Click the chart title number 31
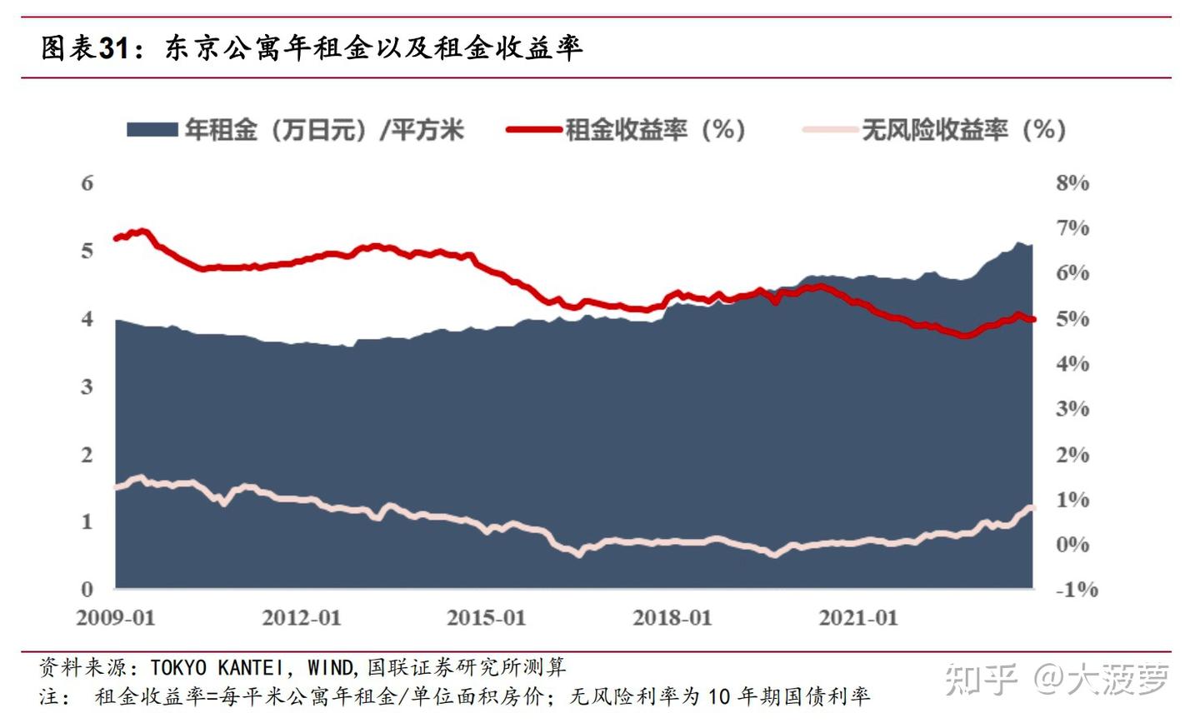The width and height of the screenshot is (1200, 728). coord(114,48)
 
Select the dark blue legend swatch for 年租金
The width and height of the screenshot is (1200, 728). coord(152,130)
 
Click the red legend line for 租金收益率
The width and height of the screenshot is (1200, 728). coord(533,130)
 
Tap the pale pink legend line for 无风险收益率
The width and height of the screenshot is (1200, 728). coord(829,130)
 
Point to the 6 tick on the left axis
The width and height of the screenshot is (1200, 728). coord(87,183)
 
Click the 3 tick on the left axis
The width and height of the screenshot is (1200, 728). coord(87,386)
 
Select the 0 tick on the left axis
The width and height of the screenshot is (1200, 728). coord(87,590)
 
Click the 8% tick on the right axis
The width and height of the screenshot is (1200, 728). coord(1072,183)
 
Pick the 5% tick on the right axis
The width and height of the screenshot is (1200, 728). coord(1072,319)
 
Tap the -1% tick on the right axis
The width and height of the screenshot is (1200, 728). coord(1077,590)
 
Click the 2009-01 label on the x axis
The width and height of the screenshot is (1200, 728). coord(116,618)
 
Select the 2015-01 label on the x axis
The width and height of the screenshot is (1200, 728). coord(487,618)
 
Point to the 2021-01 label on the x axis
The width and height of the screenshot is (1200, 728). coord(858,618)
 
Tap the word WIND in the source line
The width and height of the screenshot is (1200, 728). coord(331,668)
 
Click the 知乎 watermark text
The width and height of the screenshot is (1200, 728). coord(981,680)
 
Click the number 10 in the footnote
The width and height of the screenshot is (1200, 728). coord(717,696)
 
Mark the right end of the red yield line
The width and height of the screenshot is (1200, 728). coord(1032,319)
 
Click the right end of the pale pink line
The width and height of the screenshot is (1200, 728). coord(1032,508)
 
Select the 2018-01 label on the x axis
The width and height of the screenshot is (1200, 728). coord(672,618)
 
